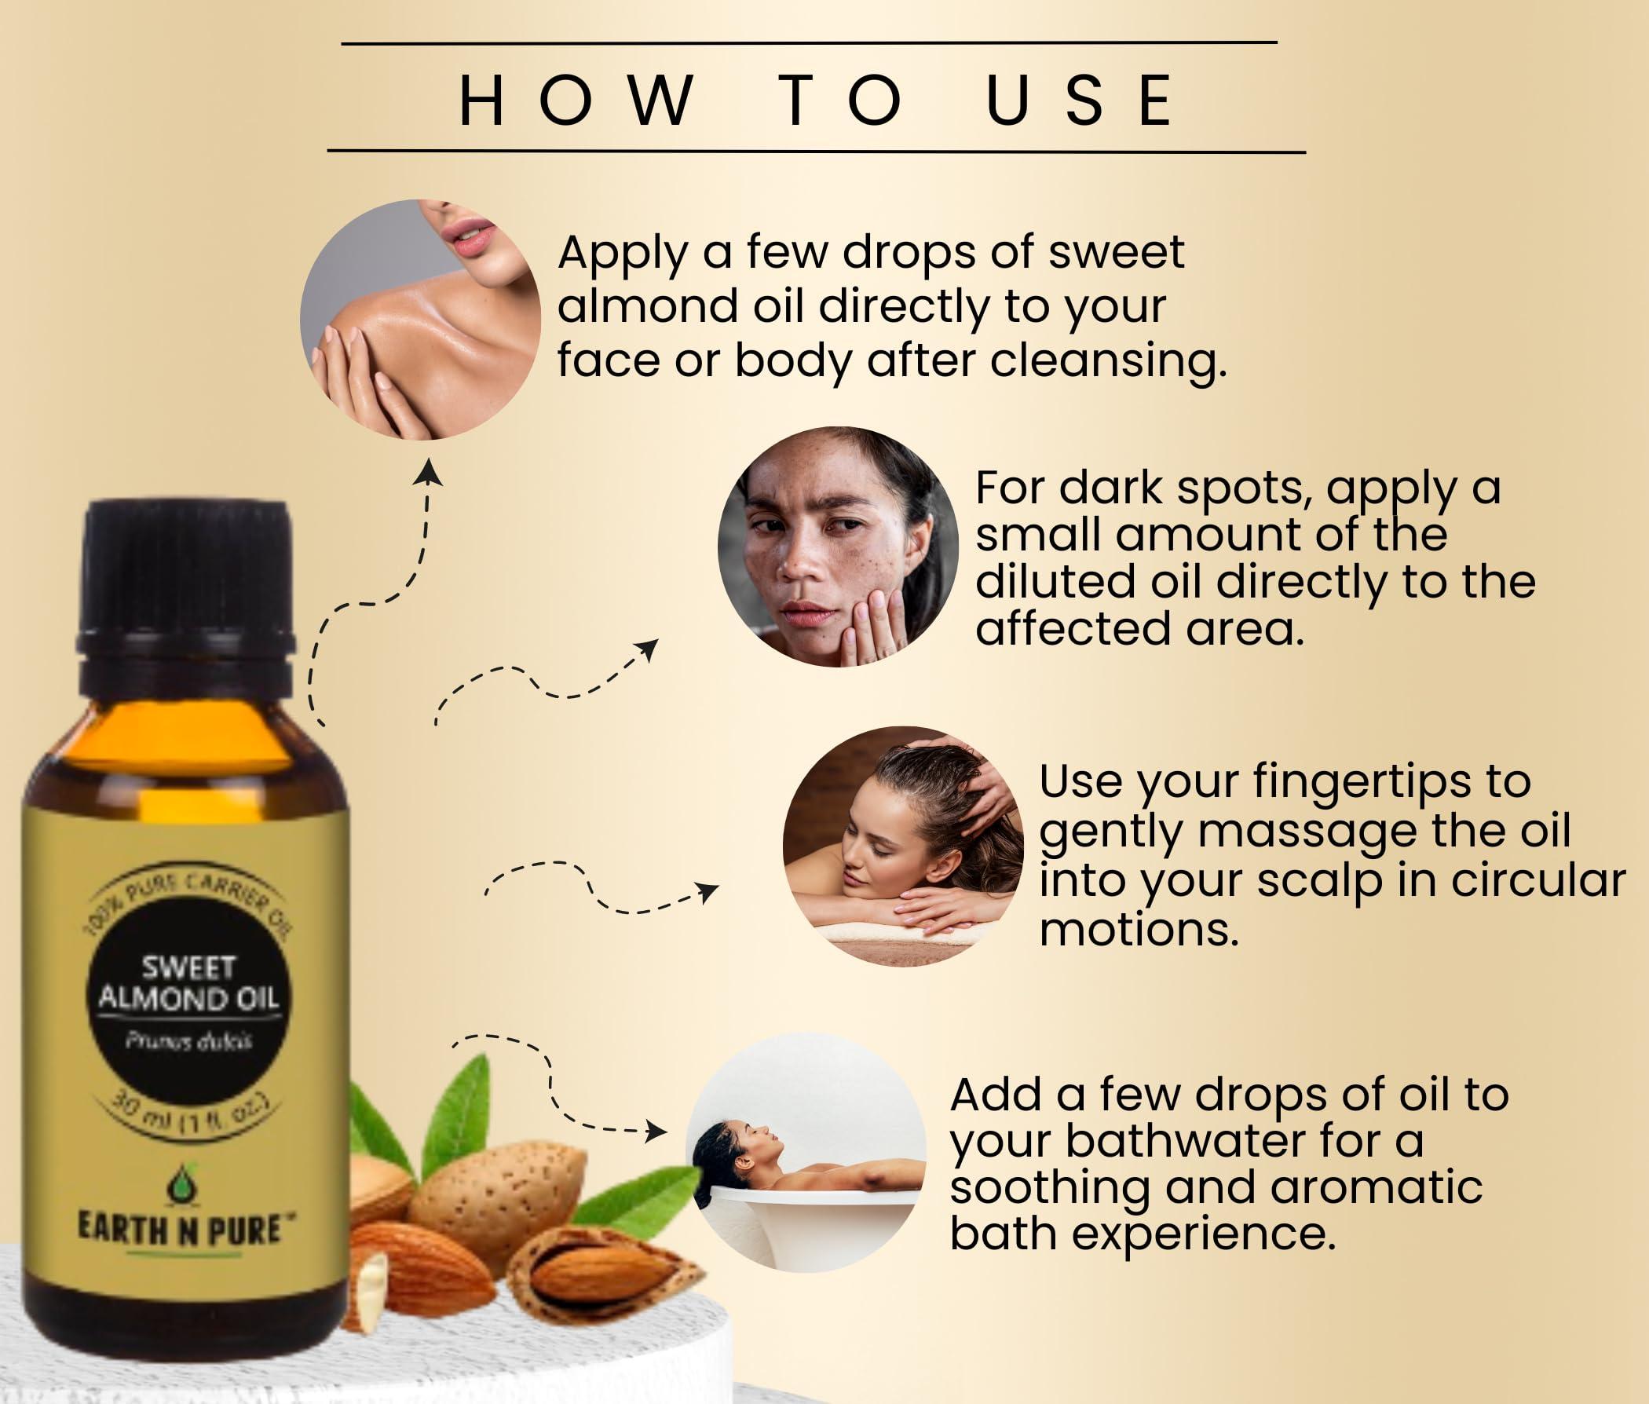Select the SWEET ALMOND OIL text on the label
pos(188,984)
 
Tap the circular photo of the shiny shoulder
pos(419,319)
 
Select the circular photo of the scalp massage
pos(902,845)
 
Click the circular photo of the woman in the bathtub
pos(806,1153)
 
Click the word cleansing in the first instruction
pos(1108,361)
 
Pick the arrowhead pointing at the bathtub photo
pos(657,1130)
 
